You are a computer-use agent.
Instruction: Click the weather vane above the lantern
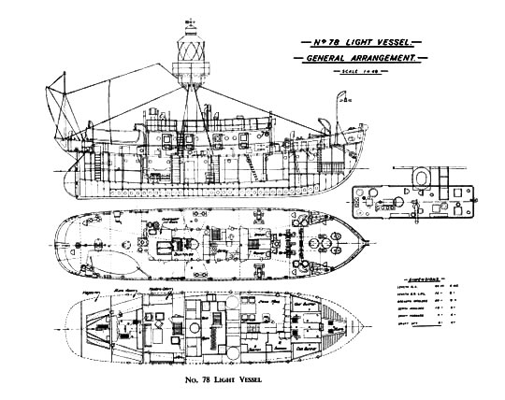[193, 10]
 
